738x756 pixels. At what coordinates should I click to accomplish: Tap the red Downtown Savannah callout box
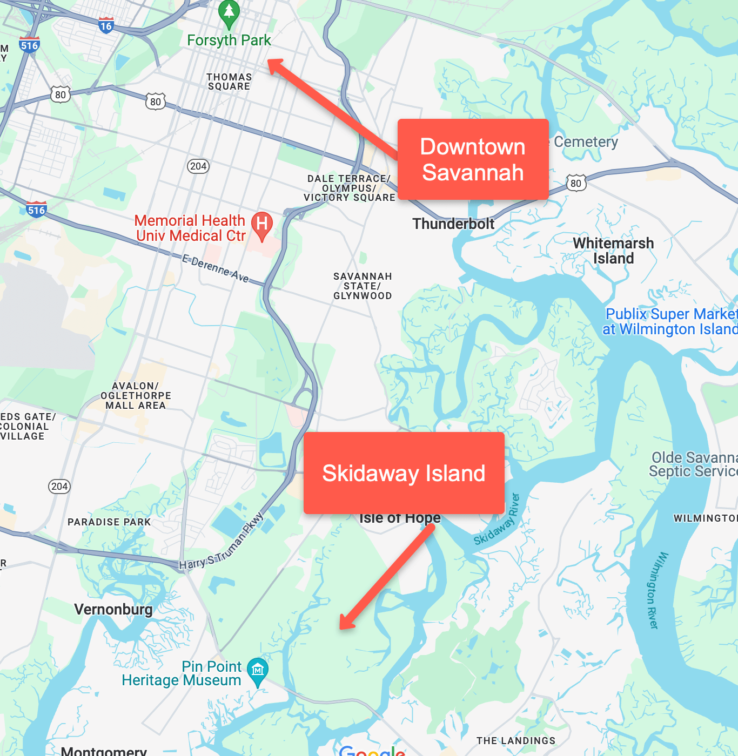pyautogui.click(x=473, y=159)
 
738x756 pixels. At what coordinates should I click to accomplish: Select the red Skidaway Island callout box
pyautogui.click(x=404, y=473)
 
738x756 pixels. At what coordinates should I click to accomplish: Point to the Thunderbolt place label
pyautogui.click(x=453, y=224)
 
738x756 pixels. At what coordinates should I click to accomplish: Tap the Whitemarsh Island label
pyautogui.click(x=613, y=251)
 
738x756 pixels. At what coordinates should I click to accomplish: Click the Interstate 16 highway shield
pyautogui.click(x=106, y=25)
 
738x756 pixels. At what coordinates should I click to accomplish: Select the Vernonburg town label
pyautogui.click(x=113, y=610)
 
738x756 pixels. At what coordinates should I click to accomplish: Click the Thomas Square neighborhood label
pyautogui.click(x=229, y=82)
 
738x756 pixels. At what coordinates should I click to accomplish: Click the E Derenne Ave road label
pyautogui.click(x=216, y=269)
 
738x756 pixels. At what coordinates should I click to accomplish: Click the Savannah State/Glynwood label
pyautogui.click(x=363, y=286)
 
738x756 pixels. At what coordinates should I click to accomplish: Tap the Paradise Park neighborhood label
pyautogui.click(x=109, y=522)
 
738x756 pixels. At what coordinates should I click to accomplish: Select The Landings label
pyautogui.click(x=515, y=741)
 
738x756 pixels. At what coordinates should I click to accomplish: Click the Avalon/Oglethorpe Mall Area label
pyautogui.click(x=136, y=396)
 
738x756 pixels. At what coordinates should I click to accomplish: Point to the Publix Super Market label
pyautogui.click(x=670, y=321)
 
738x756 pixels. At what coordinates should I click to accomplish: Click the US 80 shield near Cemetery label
pyautogui.click(x=576, y=183)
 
